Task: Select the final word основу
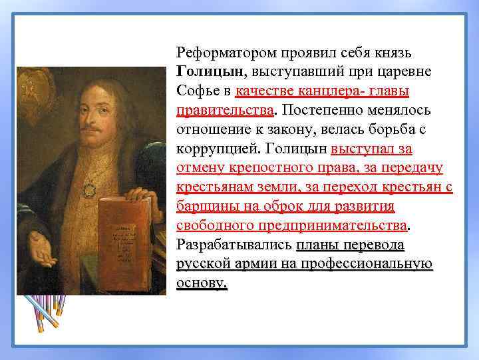pyautogui.click(x=202, y=283)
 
